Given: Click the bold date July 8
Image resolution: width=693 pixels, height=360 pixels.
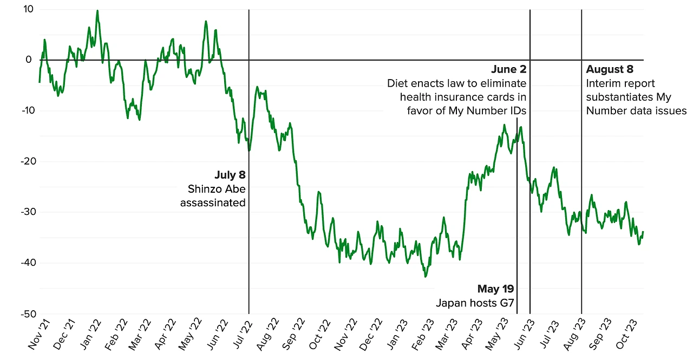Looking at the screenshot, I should tap(230, 175).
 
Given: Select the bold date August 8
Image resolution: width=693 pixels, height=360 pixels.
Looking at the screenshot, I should tap(609, 69).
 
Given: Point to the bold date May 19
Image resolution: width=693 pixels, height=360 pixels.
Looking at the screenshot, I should tap(495, 289).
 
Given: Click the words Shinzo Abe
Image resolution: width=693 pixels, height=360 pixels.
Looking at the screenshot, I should tap(216, 189).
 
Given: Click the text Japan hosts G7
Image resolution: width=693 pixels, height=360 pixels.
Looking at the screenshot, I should tap(474, 303).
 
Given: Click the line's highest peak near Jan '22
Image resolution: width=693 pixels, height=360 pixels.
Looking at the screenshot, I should tap(97, 10).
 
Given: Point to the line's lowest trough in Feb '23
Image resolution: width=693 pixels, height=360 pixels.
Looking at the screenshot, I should tap(426, 277).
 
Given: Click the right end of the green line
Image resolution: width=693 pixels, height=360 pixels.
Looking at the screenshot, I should tap(643, 232).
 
